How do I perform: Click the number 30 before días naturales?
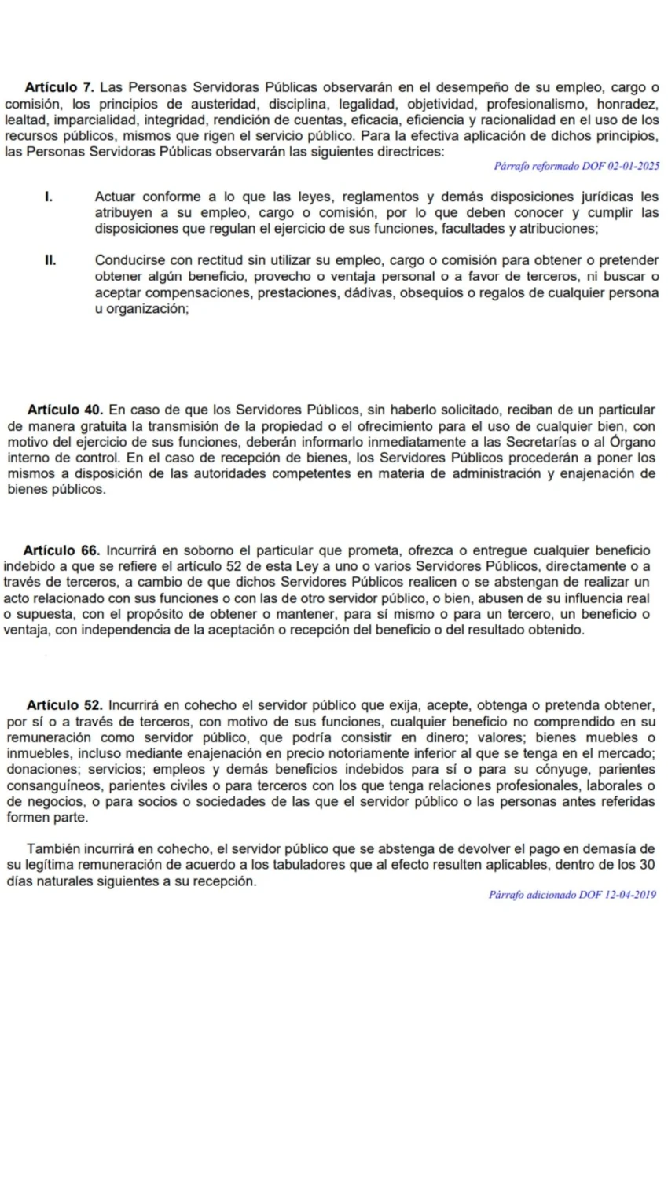647,865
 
